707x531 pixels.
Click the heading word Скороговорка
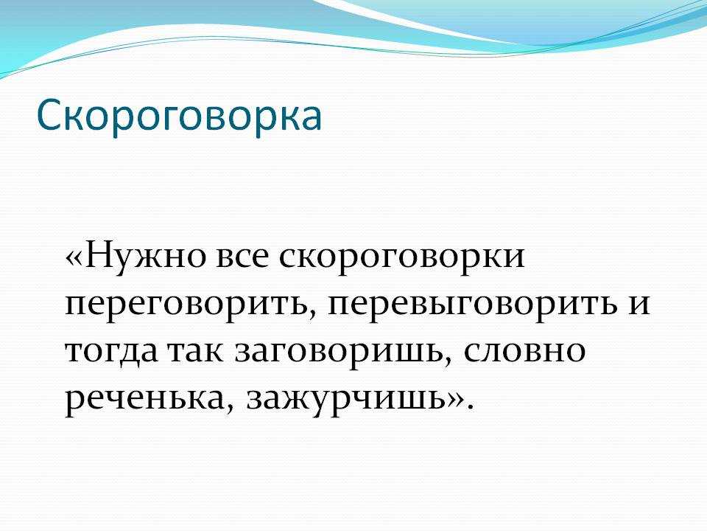180,116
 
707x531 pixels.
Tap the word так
195,351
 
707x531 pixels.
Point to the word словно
524,352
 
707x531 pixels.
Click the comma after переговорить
312,315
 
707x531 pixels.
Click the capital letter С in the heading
49,116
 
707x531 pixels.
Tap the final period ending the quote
470,406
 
